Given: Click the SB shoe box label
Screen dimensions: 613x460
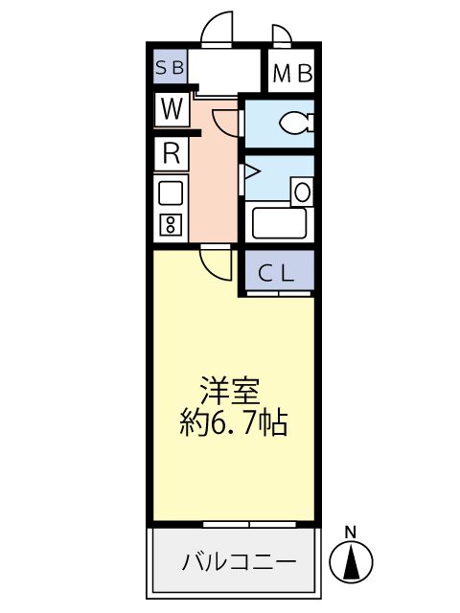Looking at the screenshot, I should (x=172, y=68).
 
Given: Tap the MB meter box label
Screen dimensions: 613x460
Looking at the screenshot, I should (x=291, y=74).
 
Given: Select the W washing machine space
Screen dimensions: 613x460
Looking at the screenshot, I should (x=172, y=109).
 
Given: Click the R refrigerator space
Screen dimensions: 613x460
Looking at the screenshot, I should (x=172, y=152).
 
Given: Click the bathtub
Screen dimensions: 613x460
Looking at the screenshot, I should (x=278, y=222).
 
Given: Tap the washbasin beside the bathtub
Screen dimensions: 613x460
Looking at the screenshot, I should (x=302, y=192).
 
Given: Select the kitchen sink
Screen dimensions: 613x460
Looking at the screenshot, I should (x=171, y=193).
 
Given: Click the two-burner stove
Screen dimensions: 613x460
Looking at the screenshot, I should (x=171, y=225).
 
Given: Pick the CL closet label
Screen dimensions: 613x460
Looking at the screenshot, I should (x=277, y=273).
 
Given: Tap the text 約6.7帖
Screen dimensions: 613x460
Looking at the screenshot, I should (x=234, y=422).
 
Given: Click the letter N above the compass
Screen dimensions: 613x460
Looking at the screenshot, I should (x=351, y=532).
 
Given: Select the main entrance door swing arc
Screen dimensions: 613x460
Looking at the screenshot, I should (x=218, y=28).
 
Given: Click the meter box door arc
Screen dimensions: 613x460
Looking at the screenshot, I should (x=282, y=35).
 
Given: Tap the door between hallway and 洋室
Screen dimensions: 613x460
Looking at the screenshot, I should (x=215, y=260).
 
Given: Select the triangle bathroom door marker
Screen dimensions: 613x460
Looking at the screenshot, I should (x=250, y=173).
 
